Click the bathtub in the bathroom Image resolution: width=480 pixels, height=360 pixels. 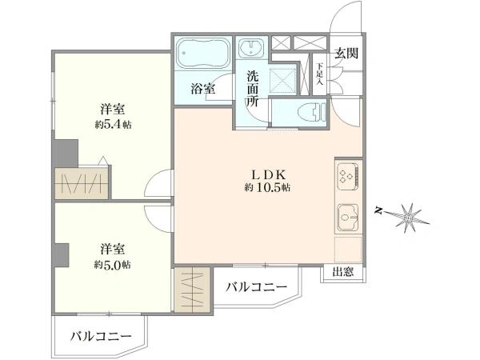(203, 54)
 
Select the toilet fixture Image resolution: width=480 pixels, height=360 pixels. (312, 112)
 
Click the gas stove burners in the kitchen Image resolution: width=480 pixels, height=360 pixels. (348, 177)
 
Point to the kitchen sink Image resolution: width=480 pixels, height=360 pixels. (348, 218)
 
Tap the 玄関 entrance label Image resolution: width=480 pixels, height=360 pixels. (346, 54)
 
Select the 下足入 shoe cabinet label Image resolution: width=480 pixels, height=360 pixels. (320, 74)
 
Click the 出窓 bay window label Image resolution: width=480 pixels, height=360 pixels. (343, 272)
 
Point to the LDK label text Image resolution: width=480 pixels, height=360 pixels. (269, 174)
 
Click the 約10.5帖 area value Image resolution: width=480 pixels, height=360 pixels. (267, 187)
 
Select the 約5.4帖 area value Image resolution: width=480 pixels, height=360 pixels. (113, 125)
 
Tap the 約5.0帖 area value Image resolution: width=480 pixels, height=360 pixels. (112, 264)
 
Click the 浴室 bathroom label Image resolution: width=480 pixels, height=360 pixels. (203, 89)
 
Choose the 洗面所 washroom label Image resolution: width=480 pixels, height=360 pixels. (253, 89)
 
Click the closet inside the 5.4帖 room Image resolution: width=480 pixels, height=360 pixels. (82, 183)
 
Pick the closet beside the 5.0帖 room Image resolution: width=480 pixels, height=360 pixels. (193, 290)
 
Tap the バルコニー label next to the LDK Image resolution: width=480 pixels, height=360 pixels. (257, 287)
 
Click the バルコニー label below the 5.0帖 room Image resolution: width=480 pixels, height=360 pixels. (101, 337)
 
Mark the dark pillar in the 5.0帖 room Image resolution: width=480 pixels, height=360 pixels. (62, 254)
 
